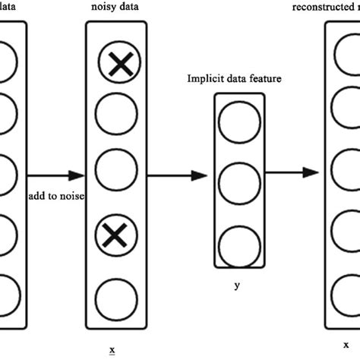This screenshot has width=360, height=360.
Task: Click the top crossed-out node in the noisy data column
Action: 116,66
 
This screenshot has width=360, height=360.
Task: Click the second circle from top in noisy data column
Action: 116,117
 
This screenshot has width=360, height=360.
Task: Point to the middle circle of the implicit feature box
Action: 240,181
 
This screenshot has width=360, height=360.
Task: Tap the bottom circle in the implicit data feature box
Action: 240,238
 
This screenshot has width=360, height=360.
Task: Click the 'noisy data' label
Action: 115,8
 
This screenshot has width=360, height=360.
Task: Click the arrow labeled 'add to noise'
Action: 57,174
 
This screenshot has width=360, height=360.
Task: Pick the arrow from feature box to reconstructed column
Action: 292,172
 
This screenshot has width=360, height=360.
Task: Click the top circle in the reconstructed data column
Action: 346,62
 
